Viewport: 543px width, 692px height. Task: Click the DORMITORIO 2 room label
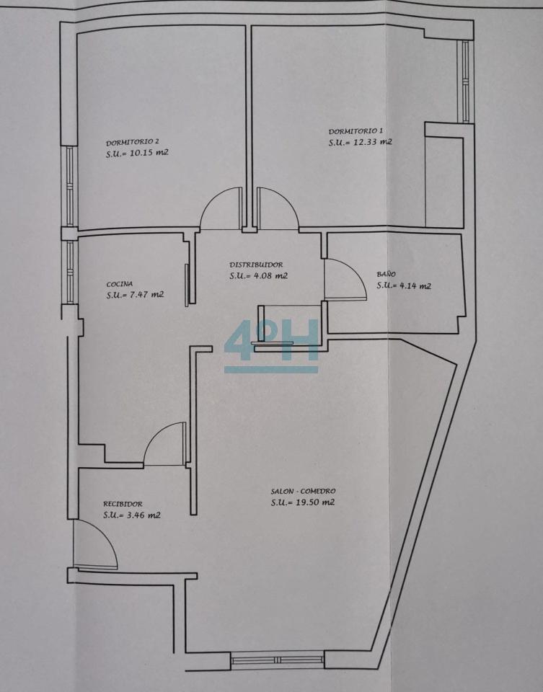click(x=133, y=142)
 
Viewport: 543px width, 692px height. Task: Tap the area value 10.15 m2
click(x=149, y=153)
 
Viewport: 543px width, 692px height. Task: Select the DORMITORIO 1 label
click(x=356, y=131)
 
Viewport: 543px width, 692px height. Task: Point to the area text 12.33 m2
click(x=373, y=142)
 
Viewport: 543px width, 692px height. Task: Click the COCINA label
click(x=119, y=284)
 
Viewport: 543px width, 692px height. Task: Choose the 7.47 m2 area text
click(x=146, y=294)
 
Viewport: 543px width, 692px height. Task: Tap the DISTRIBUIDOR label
click(x=256, y=265)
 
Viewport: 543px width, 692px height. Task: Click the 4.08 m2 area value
click(x=270, y=276)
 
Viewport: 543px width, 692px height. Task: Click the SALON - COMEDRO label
click(x=304, y=491)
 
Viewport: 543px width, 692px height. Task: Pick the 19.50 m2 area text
click(x=314, y=502)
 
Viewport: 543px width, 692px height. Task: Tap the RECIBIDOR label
click(x=123, y=504)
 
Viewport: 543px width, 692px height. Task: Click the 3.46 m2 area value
click(x=144, y=515)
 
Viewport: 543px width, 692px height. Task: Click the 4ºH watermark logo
click(x=271, y=345)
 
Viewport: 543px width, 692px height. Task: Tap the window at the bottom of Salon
click(x=278, y=660)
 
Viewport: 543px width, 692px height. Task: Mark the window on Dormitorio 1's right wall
click(x=465, y=81)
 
